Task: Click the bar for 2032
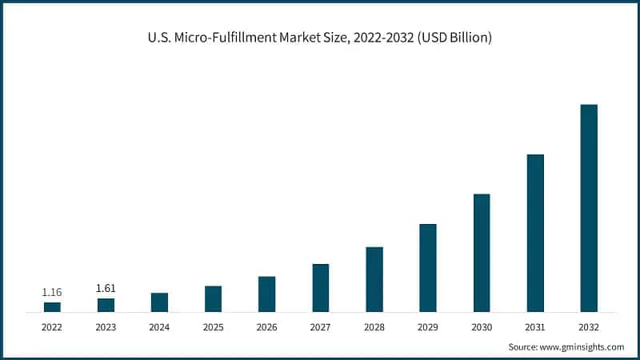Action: point(589,208)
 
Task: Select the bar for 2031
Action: point(535,233)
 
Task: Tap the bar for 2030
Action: point(482,253)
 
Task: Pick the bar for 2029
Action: point(428,268)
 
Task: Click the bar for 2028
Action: point(374,279)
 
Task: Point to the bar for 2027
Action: point(321,288)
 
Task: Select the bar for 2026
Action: point(266,294)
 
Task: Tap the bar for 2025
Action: point(213,299)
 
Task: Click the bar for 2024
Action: point(159,302)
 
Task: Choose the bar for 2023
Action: point(106,305)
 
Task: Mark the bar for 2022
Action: point(52,307)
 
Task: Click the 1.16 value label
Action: point(52,293)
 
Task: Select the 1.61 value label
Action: point(106,288)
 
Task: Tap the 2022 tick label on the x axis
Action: point(52,326)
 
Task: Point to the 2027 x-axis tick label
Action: point(321,326)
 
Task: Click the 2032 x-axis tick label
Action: point(589,326)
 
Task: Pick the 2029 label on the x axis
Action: point(428,326)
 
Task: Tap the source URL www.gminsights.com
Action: point(582,346)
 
